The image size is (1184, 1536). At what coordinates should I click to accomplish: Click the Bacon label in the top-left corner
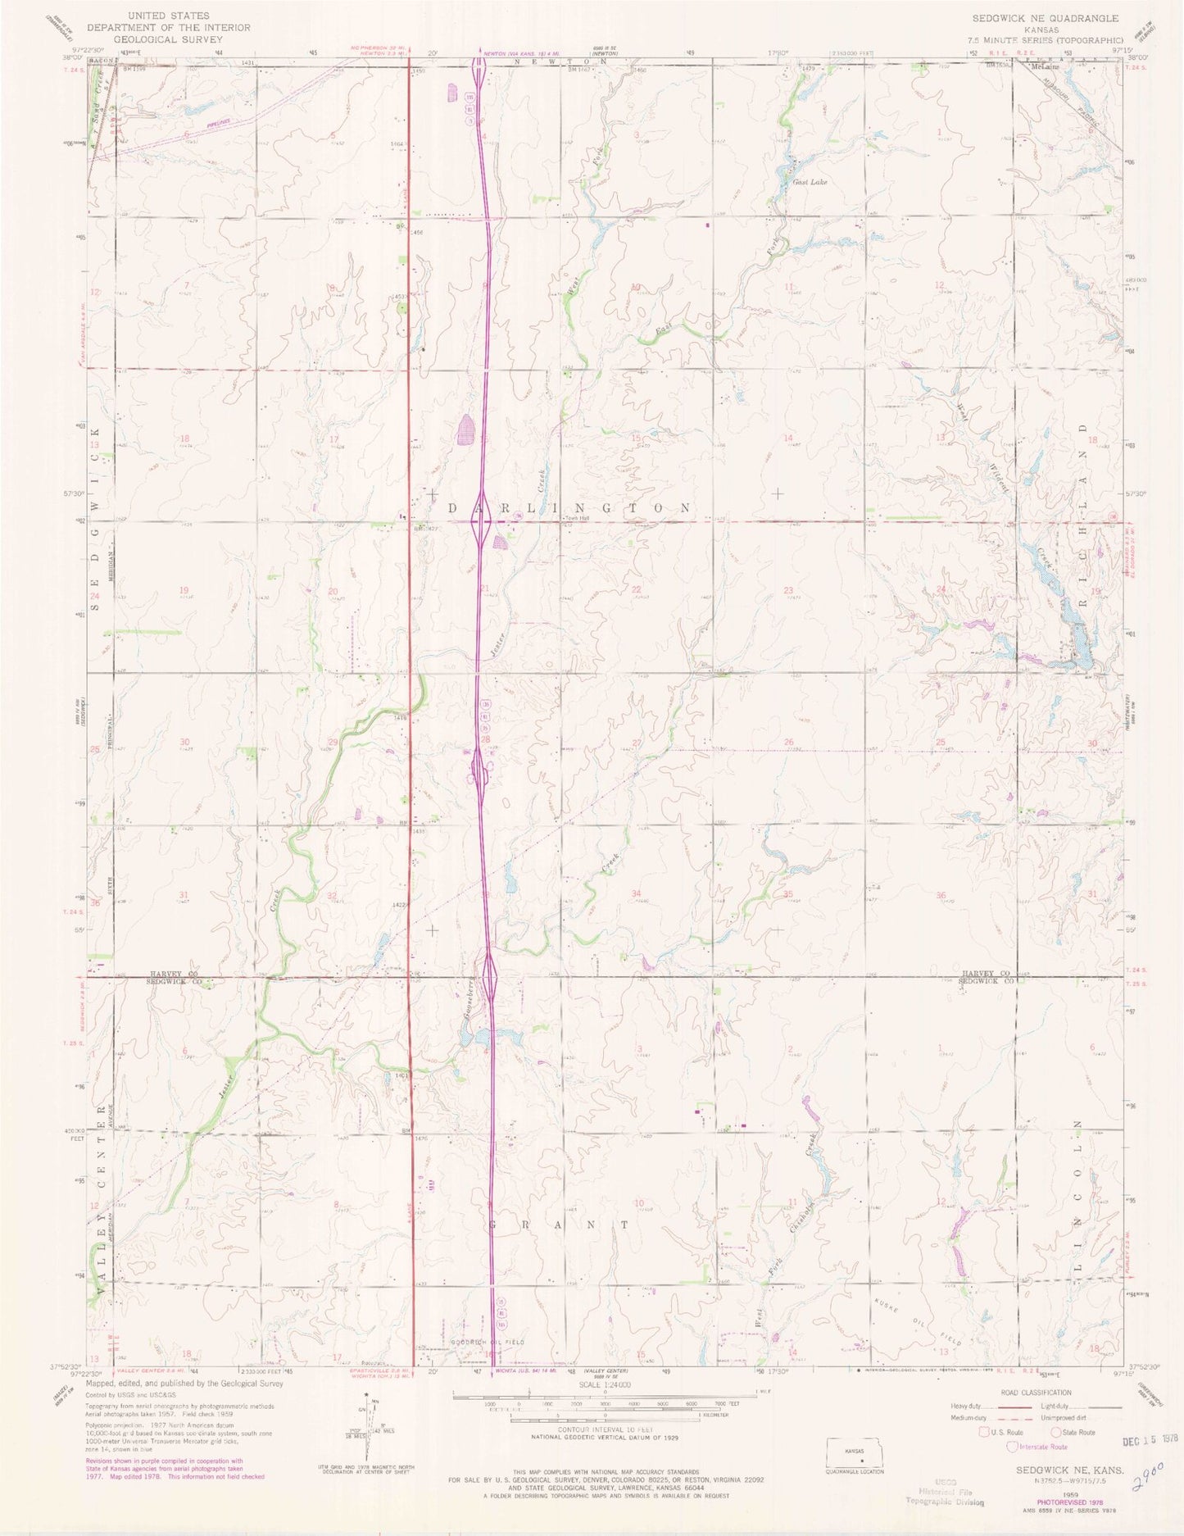tap(100, 61)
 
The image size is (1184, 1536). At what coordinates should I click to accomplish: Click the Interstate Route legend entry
tap(1040, 1447)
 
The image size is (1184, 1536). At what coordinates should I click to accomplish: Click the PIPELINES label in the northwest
tap(218, 123)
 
